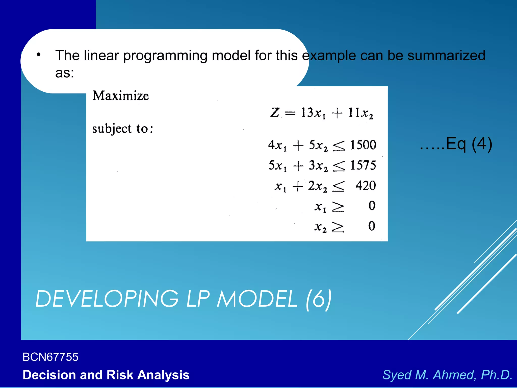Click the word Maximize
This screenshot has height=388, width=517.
121,96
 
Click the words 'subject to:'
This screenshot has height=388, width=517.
122,129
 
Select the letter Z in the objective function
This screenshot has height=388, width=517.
275,113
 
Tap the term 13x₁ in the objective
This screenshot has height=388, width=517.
313,113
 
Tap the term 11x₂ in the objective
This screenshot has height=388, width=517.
360,113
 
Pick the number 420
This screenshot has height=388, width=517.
366,186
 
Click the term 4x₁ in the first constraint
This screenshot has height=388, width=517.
277,146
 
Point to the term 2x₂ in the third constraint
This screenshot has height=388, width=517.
317,186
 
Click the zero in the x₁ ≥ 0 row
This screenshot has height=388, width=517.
372,206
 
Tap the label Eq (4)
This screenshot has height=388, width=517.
469,144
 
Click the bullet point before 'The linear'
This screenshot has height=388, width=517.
38,54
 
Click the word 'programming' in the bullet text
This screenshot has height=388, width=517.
165,56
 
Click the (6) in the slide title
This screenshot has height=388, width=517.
319,299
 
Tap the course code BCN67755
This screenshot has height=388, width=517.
50,357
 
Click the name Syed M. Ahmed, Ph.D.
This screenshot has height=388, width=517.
447,375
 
